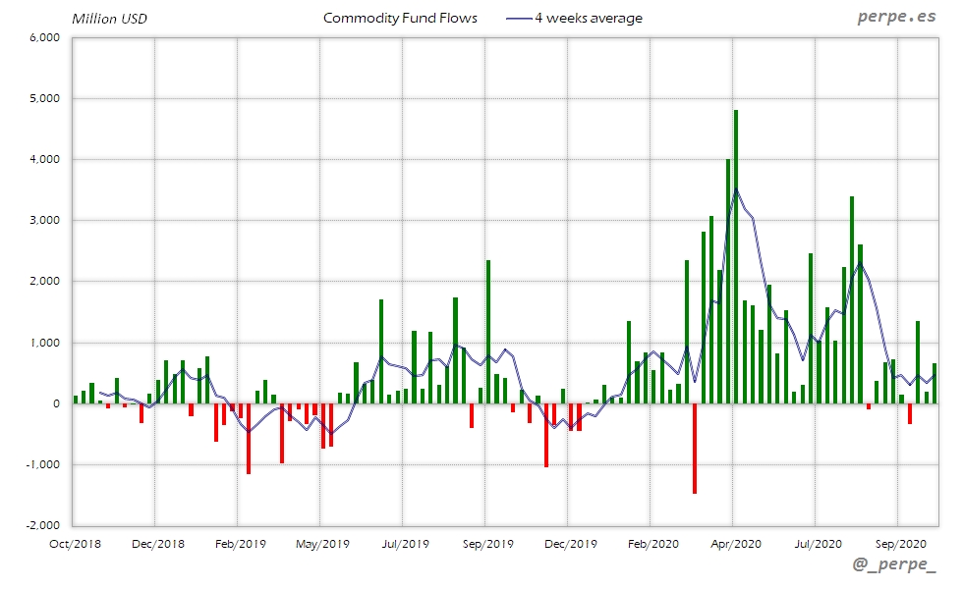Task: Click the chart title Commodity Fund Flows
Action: [x=400, y=18]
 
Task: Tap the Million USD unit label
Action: [x=109, y=19]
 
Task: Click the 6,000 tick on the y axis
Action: [x=45, y=37]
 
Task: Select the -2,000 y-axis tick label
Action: [x=43, y=525]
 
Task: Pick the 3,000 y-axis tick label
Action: [x=45, y=220]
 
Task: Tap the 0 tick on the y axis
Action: [x=57, y=403]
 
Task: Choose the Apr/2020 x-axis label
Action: [x=734, y=543]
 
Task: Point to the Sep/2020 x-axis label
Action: [x=898, y=543]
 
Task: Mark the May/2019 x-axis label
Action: [x=321, y=543]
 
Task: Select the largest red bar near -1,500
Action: [x=694, y=448]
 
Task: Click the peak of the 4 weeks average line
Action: [x=736, y=189]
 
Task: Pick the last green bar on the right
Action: [x=934, y=383]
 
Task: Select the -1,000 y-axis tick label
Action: [x=43, y=464]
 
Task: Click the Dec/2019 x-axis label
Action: [x=569, y=543]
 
